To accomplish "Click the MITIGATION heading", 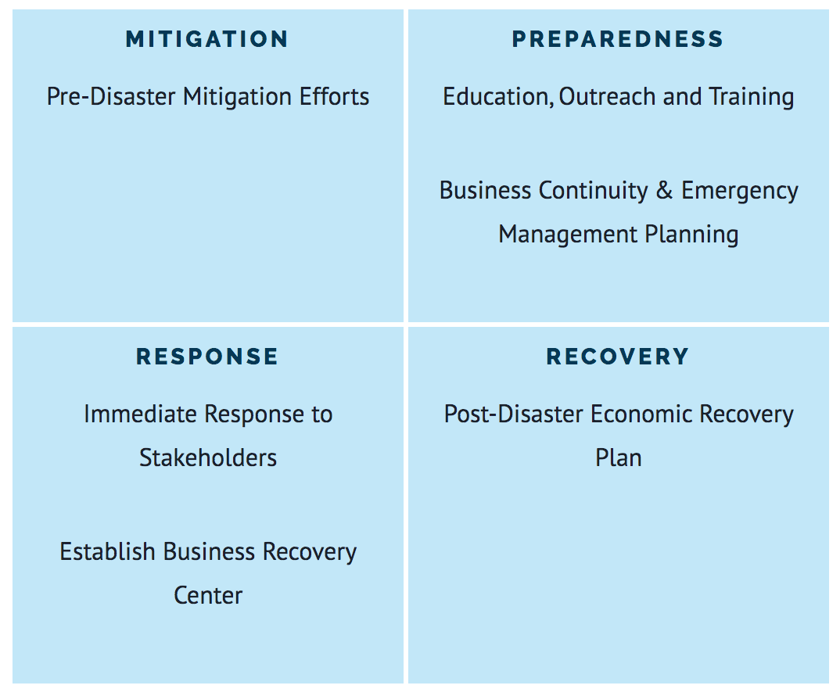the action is (x=206, y=39).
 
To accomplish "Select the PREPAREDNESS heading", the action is (x=618, y=39).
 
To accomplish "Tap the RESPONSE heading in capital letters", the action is (x=206, y=357).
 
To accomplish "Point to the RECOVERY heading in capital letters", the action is (x=618, y=357).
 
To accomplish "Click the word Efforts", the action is (x=334, y=96).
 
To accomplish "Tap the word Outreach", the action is (x=608, y=96).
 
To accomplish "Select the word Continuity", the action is (x=593, y=192).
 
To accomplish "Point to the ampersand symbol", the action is (x=664, y=190).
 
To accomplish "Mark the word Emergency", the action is (x=740, y=192).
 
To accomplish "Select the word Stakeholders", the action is (x=208, y=458).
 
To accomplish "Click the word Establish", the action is (x=107, y=552).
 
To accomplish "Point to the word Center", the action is (x=208, y=596).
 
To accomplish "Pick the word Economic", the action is (x=641, y=414).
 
